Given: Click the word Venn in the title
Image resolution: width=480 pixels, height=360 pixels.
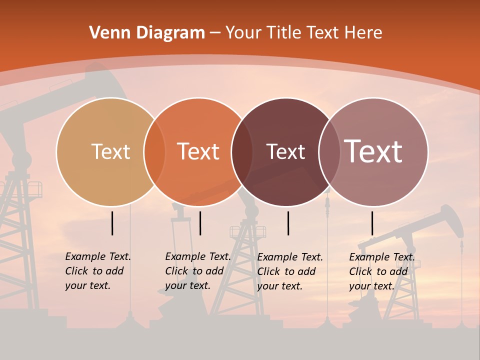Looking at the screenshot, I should click(106, 33).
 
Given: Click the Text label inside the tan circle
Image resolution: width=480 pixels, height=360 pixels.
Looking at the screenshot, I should click(110, 151).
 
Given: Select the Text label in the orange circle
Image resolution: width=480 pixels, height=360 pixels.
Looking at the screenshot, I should click(198, 151).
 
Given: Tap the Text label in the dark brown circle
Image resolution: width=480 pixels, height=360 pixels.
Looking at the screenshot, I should click(285, 152).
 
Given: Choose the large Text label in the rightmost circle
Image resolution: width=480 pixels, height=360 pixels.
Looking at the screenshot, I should click(373, 151).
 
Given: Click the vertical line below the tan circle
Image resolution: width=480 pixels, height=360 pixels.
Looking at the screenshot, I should click(112, 223).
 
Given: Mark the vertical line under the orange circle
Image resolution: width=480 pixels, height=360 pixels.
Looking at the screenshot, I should click(200, 223).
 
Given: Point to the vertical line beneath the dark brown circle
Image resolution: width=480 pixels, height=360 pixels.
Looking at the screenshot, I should click(288, 223).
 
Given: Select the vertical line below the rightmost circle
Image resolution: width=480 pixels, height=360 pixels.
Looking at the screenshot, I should click(372, 223).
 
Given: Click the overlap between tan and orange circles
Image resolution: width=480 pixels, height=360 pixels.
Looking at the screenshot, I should click(154, 152).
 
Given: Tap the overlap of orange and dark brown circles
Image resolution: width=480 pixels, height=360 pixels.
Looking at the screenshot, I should click(242, 152).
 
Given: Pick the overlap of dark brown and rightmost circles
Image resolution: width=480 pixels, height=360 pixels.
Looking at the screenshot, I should click(329, 152).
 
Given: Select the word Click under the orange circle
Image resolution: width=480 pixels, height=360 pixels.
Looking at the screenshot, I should click(177, 271).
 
